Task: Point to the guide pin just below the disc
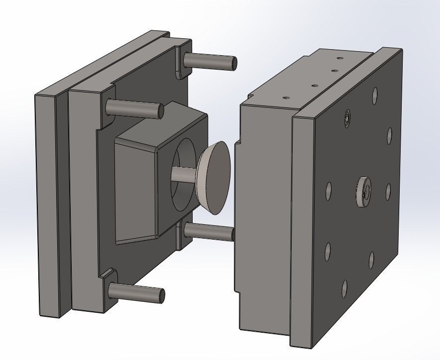pyautogui.click(x=209, y=231)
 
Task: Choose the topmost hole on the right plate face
pyautogui.click(x=374, y=94)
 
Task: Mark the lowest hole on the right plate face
pyautogui.click(x=344, y=288)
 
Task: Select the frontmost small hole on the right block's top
pyautogui.click(x=286, y=97)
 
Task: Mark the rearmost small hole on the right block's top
pyautogui.click(x=340, y=58)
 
